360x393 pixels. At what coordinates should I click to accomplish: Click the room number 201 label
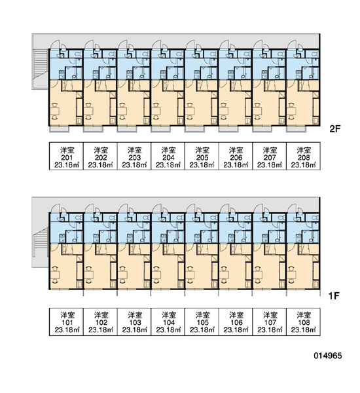[67, 158]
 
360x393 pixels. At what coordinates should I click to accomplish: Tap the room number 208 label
[304, 158]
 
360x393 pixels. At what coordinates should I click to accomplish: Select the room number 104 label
[169, 322]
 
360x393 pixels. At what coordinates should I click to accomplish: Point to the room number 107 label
[270, 322]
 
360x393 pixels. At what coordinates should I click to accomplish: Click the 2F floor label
[335, 129]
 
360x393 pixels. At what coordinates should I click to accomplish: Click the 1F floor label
[334, 296]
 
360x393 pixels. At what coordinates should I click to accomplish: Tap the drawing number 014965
[328, 356]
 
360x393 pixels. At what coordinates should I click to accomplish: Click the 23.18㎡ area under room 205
[202, 165]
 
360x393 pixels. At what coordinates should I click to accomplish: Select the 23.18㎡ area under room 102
[101, 329]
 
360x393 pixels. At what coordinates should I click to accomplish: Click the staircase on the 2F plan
[41, 63]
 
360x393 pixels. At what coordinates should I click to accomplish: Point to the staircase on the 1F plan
[41, 241]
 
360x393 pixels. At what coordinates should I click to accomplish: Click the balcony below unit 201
[59, 129]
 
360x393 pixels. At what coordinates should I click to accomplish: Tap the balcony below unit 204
[160, 129]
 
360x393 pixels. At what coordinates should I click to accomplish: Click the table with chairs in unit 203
[122, 111]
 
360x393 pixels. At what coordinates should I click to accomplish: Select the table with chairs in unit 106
[224, 274]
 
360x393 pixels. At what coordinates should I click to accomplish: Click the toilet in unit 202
[112, 54]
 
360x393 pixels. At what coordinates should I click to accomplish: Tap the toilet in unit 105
[213, 217]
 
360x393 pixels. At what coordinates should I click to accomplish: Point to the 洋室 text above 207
[270, 151]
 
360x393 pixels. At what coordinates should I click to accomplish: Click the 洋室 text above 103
[135, 315]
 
